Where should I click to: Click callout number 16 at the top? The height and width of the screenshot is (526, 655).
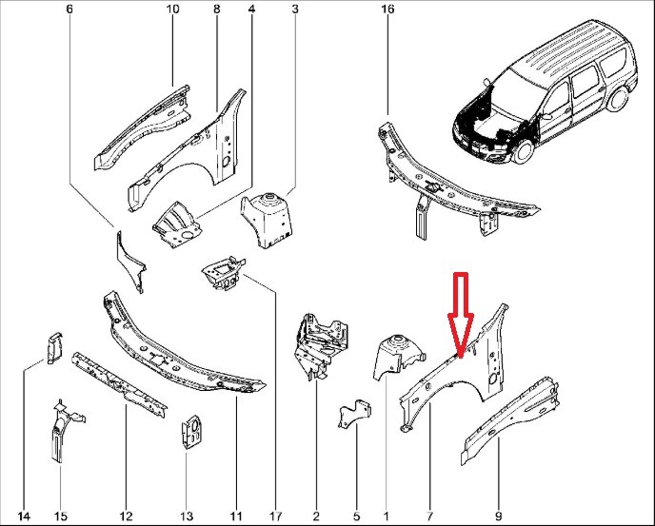click(387, 9)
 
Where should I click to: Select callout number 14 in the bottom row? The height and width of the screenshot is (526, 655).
click(24, 516)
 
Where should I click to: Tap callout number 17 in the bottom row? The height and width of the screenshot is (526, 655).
click(276, 516)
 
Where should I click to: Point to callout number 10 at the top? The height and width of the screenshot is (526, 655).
click(173, 9)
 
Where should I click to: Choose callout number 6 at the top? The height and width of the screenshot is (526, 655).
click(69, 9)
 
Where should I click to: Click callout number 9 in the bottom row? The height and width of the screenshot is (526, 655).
click(499, 516)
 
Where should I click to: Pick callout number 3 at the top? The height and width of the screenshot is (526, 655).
click(295, 9)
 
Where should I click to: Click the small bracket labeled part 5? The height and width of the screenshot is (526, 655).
click(354, 414)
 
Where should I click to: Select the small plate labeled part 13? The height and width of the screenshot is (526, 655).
click(190, 432)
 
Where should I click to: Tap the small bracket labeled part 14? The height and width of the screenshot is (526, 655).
click(54, 348)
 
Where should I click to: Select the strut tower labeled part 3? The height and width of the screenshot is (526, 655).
click(268, 219)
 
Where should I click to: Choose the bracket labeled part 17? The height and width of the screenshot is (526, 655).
click(224, 273)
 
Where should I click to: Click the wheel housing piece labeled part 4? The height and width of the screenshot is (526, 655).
click(176, 224)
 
